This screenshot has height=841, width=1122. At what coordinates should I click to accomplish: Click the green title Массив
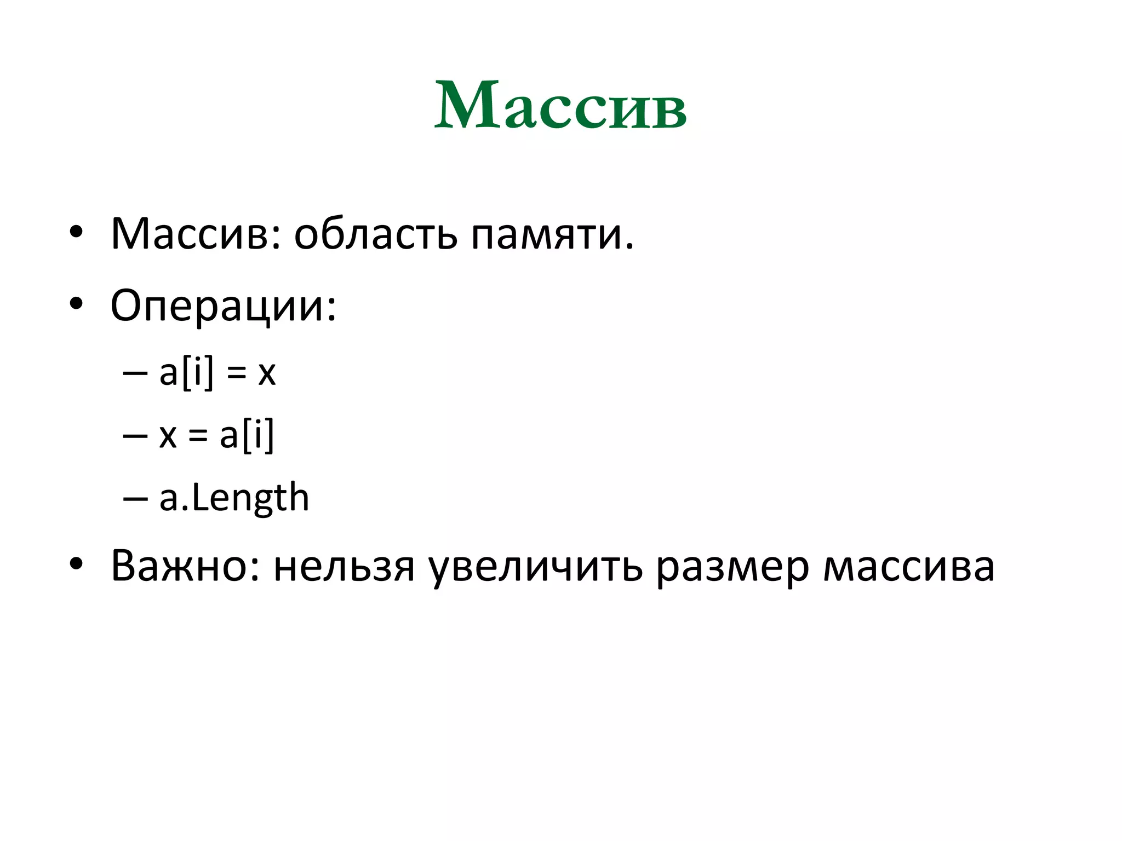pos(560,105)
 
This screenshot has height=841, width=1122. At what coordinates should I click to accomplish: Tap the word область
pos(375,234)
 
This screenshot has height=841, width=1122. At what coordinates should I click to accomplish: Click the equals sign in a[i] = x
pos(236,375)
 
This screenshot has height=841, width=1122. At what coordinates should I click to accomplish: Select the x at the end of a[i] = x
pos(267,375)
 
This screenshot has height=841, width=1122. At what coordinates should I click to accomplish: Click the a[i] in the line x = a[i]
pos(247,436)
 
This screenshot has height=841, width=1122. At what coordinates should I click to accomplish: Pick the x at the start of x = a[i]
pos(168,438)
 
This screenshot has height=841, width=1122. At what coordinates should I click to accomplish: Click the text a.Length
pos(234,498)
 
